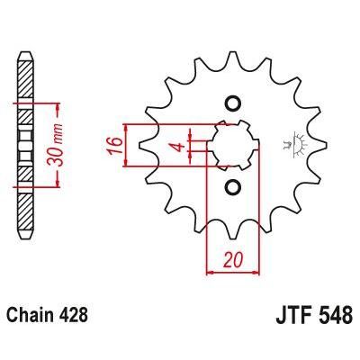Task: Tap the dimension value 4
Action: pyautogui.click(x=180, y=146)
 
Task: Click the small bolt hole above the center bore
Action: pyautogui.click(x=232, y=102)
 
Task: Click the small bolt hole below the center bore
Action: pyautogui.click(x=232, y=187)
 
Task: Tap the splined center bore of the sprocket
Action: pyautogui.click(x=232, y=144)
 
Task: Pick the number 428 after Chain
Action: pyautogui.click(x=76, y=318)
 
